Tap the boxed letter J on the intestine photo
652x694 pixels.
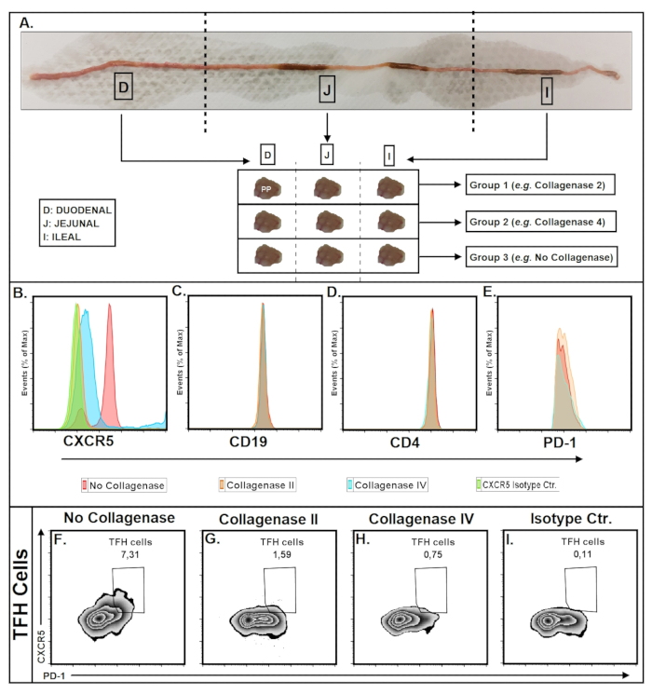tap(326, 89)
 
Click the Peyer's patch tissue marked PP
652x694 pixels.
tap(266, 186)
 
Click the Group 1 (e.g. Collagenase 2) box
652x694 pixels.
tap(537, 185)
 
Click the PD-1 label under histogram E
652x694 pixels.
tap(556, 443)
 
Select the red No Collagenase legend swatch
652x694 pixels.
tap(85, 485)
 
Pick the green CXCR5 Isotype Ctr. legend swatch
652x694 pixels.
tap(479, 485)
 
